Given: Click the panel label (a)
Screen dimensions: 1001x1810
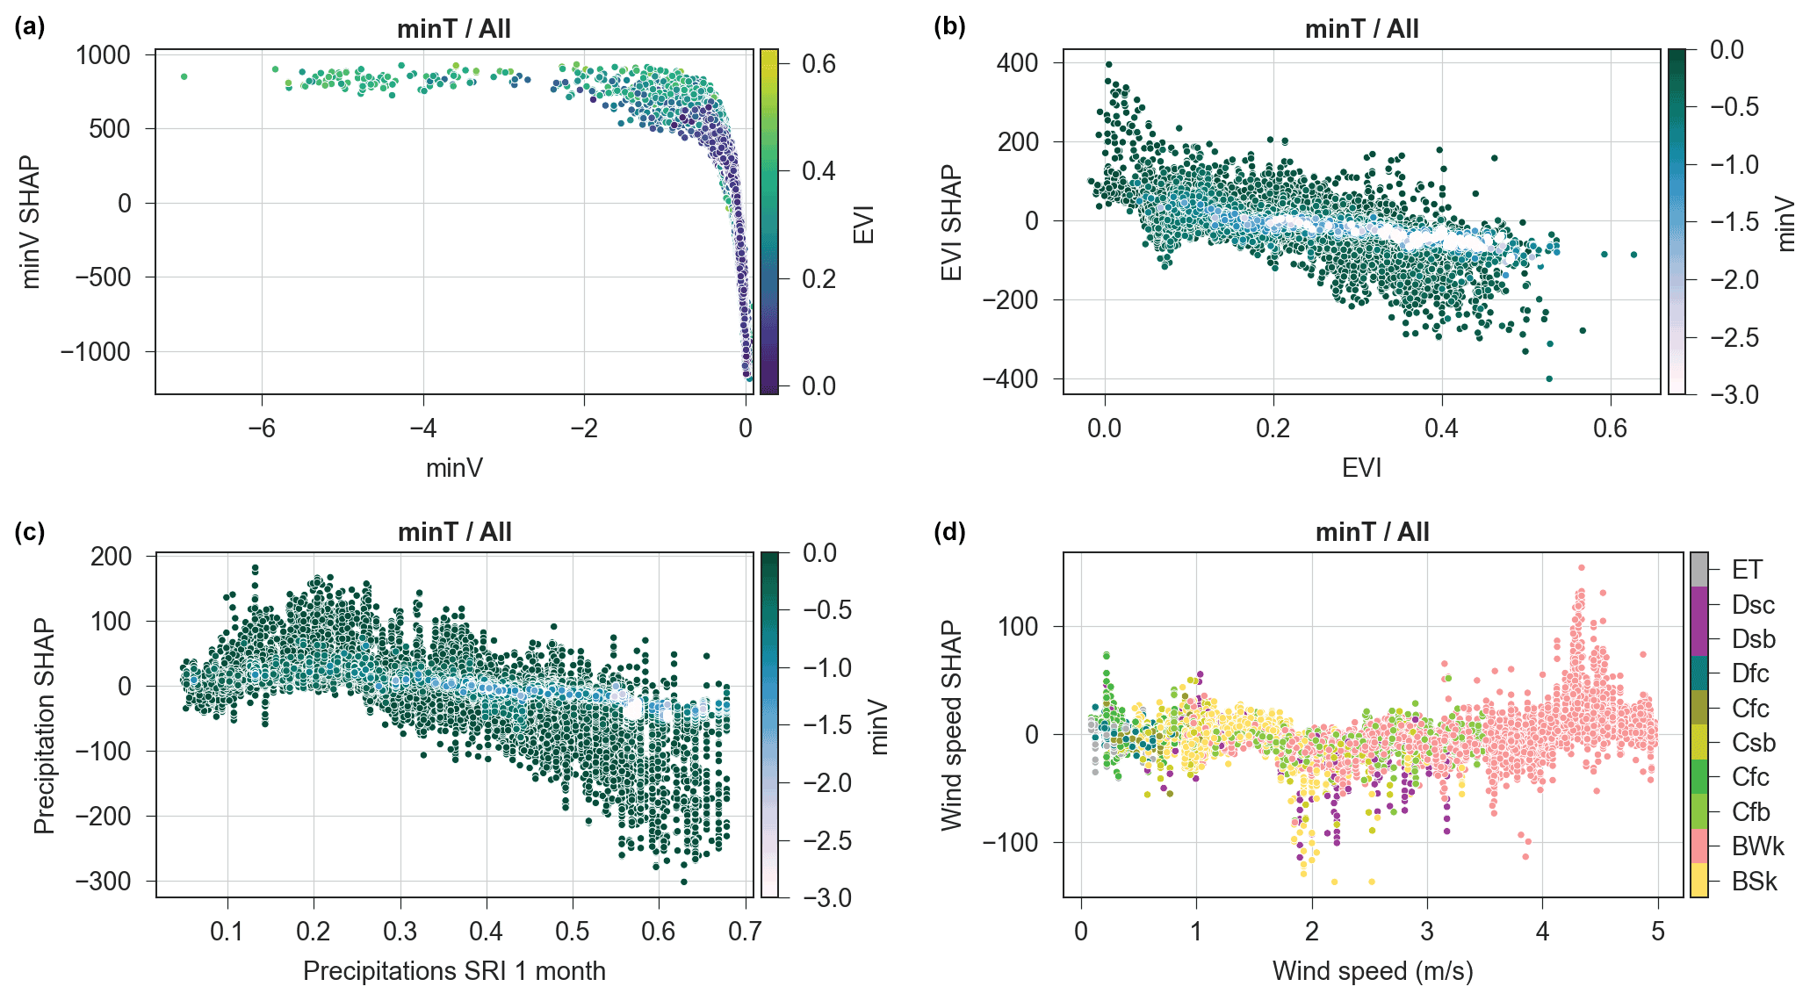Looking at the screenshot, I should click(29, 27).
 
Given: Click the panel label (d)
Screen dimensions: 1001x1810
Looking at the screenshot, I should click(949, 531).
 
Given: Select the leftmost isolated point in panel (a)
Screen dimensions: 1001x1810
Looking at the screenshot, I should click(184, 76).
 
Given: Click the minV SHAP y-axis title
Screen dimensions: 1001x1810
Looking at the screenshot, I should click(31, 222).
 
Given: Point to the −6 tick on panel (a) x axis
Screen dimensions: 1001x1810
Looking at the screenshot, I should click(262, 428).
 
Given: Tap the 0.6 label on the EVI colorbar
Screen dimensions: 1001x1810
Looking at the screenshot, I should click(818, 63).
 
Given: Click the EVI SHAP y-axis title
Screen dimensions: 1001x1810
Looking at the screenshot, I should click(952, 222).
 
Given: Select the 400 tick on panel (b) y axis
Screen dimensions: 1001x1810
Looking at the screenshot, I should click(1017, 62).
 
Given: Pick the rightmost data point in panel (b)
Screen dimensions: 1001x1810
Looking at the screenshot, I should click(1633, 255).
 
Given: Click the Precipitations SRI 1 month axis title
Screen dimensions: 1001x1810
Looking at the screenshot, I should click(454, 971).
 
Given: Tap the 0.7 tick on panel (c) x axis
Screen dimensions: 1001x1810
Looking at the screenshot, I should click(745, 931).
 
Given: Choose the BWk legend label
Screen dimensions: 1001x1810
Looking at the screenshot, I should click(1757, 846).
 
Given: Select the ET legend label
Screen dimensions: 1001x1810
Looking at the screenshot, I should click(1747, 570).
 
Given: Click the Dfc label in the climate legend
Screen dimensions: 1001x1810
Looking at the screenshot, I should click(1750, 673).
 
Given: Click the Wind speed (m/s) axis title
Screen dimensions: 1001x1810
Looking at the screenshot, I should click(1373, 971).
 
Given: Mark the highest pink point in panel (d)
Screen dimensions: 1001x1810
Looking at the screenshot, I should click(1581, 568).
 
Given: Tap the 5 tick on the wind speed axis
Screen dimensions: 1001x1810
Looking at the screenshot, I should click(1657, 931).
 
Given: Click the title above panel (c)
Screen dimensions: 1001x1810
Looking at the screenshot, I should click(454, 532).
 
